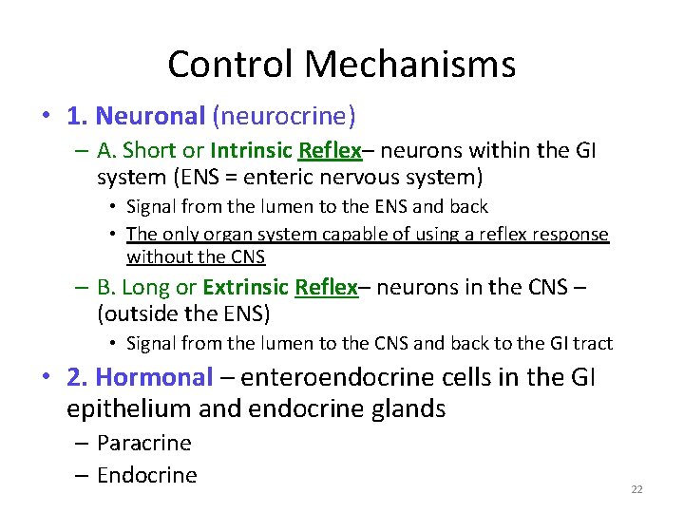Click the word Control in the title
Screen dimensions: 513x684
click(x=235, y=65)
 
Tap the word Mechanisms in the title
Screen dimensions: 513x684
click(x=411, y=65)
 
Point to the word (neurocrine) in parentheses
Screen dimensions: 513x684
click(x=284, y=117)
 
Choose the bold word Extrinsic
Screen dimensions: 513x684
click(x=246, y=288)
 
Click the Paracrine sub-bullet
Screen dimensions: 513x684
click(x=143, y=443)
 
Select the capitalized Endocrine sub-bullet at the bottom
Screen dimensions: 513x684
click(x=146, y=475)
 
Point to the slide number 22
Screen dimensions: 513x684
click(x=636, y=489)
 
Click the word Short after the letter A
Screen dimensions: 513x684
click(x=149, y=151)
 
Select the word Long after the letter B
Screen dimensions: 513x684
click(x=145, y=288)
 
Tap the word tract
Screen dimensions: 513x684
click(x=593, y=343)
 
